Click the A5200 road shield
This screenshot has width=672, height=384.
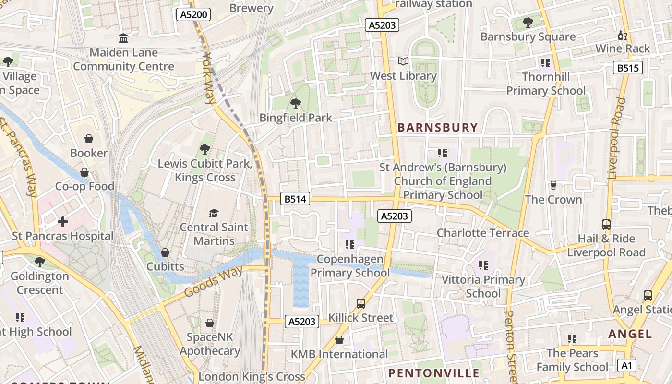[194, 14]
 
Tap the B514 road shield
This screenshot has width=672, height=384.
[295, 199]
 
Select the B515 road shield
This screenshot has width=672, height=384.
[627, 68]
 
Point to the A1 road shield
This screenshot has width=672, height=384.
[626, 365]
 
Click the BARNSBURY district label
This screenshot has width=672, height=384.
[438, 128]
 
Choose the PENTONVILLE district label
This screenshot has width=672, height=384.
[433, 373]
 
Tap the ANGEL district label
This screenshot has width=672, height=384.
[630, 334]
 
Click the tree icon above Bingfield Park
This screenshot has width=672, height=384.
[296, 103]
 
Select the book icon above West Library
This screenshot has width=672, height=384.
[403, 61]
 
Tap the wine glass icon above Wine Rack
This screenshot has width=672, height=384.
[623, 35]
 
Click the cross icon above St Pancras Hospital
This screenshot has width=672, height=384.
[63, 222]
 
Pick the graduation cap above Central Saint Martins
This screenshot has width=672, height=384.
[214, 213]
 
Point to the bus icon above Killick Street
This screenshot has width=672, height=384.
[361, 303]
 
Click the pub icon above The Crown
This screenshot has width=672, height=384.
[553, 185]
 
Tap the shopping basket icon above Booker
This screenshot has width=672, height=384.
[89, 139]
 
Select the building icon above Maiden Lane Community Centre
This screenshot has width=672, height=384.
[123, 38]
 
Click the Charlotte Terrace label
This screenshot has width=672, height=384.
[482, 233]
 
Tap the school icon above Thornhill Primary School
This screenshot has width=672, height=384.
[546, 62]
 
